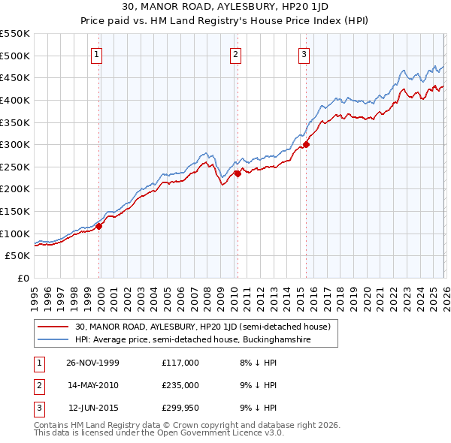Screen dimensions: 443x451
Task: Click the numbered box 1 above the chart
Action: pos(98,53)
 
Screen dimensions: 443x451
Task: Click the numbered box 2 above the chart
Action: pos(236,53)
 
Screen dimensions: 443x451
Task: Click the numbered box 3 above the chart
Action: pos(304,53)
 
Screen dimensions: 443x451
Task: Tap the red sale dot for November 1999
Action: pos(99,226)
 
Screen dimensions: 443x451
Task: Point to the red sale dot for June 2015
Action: pos(305,144)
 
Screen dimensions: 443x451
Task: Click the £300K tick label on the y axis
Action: pos(16,144)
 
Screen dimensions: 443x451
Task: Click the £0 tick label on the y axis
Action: pos(23,278)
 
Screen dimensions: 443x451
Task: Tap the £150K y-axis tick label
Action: pos(16,211)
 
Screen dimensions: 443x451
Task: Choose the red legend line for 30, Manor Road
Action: pos(53,327)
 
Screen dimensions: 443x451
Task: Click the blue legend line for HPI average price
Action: pos(53,339)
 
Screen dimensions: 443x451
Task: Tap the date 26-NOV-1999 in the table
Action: pos(92,363)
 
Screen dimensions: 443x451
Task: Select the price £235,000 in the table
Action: pos(180,385)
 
